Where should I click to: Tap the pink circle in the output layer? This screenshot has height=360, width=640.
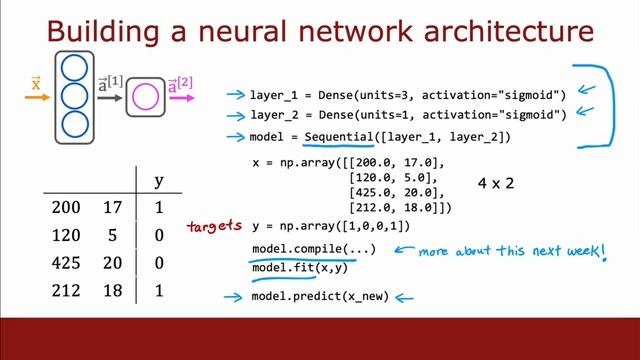click(x=146, y=98)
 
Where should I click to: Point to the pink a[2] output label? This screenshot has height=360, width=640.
click(x=180, y=88)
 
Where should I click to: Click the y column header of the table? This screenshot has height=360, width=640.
click(x=158, y=181)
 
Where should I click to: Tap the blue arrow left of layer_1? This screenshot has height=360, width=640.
click(x=236, y=95)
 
